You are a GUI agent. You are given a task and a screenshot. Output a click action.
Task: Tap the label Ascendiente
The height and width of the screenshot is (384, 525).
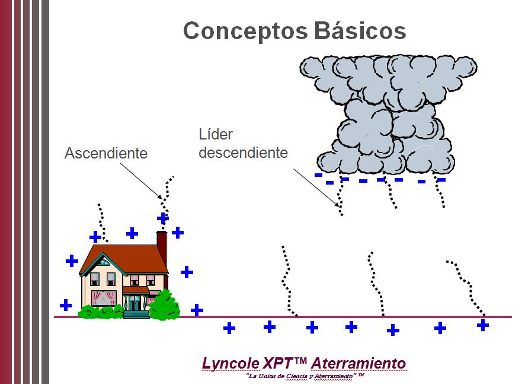(x=106, y=153)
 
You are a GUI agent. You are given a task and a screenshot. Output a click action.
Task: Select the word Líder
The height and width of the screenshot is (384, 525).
(x=216, y=135)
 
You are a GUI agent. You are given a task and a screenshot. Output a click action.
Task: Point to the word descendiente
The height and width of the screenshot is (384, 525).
(x=243, y=153)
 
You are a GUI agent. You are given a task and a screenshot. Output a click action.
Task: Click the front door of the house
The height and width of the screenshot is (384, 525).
(x=136, y=303)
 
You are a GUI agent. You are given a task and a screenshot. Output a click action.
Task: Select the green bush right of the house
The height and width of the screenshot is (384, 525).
(x=164, y=306)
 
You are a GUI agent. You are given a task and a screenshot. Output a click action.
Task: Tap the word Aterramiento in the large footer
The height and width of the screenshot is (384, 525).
(x=358, y=363)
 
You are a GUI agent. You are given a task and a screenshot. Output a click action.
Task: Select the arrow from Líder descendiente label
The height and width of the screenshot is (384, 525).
(x=318, y=188)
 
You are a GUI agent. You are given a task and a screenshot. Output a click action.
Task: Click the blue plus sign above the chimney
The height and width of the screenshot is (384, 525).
(x=163, y=218)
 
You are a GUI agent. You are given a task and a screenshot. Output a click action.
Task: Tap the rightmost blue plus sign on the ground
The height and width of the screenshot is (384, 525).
(x=483, y=325)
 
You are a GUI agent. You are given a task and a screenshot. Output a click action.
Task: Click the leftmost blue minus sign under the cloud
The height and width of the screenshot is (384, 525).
(x=318, y=175)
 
